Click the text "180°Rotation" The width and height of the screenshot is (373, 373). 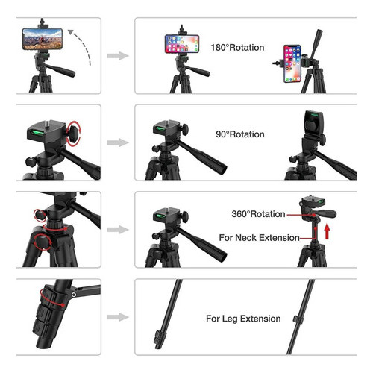tap(237, 48)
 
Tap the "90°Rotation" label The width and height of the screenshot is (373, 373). tap(240, 134)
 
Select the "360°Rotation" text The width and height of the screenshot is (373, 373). tap(258, 214)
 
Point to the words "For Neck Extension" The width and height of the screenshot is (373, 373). tap(259, 238)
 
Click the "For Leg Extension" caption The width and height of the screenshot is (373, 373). tap(243, 319)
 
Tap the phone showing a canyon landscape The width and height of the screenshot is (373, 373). tap(43, 39)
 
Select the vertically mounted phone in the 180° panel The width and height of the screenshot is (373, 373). tap(292, 63)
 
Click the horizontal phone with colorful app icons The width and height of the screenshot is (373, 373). tap(182, 44)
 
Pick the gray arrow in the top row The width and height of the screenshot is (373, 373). tap(118, 56)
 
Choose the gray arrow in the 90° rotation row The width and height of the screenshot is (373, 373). tap(118, 142)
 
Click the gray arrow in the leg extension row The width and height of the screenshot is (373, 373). tap(118, 317)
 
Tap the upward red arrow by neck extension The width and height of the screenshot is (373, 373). tap(327, 231)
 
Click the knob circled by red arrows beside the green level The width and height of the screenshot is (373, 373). tap(74, 133)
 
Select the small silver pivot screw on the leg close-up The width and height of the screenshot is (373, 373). tap(74, 295)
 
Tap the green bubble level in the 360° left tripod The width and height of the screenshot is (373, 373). tap(160, 216)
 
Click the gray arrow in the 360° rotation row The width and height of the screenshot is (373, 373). tap(118, 230)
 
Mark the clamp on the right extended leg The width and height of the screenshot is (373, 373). tap(298, 319)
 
